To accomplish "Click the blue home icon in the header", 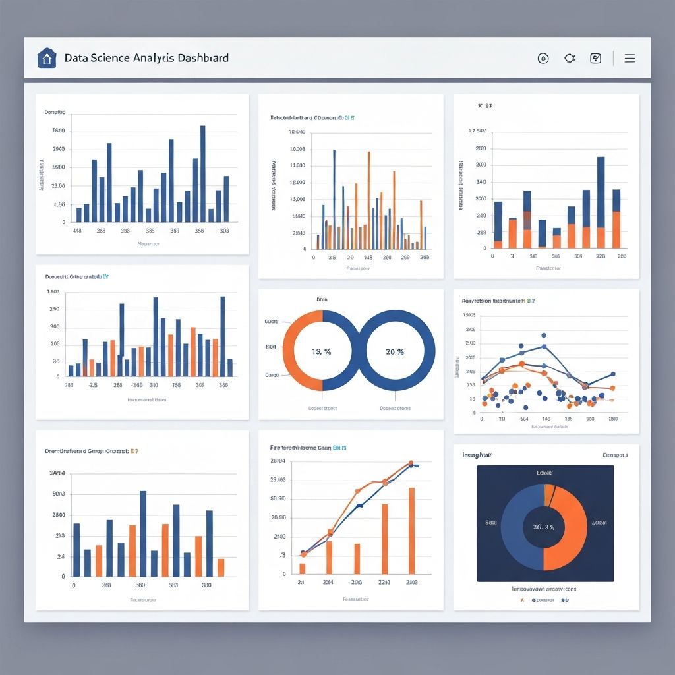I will (46, 58).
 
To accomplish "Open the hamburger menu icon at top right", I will (630, 58).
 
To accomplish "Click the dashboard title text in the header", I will (146, 58).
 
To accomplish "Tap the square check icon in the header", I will (596, 58).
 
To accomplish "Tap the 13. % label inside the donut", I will (321, 351).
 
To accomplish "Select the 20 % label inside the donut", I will (395, 351).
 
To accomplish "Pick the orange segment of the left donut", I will (295, 351).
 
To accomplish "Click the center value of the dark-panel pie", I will (543, 527).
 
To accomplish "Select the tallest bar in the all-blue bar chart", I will (202, 173).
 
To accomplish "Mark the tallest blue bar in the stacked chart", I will (601, 191).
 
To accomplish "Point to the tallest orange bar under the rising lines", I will (412, 530).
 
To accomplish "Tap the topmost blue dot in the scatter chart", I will (543, 335).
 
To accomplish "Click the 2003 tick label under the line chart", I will (412, 583).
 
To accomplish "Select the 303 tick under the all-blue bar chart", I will (224, 231).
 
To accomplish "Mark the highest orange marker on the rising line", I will (411, 463).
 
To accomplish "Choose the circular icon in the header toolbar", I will (544, 58).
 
